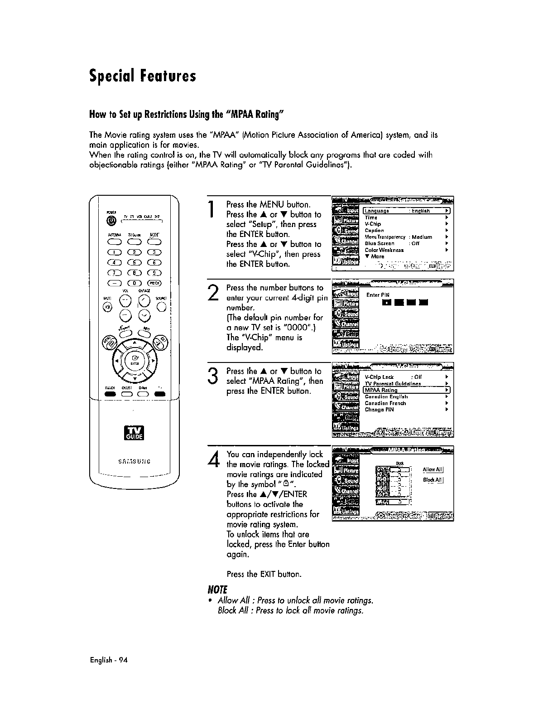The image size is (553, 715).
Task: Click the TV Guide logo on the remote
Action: click(x=135, y=433)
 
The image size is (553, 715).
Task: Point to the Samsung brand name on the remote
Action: click(x=135, y=462)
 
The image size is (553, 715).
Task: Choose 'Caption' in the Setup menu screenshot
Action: click(x=374, y=231)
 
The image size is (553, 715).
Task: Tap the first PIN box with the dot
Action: click(x=386, y=302)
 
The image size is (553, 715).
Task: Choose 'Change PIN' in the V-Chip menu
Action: click(x=379, y=410)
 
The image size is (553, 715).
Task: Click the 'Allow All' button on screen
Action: click(x=433, y=470)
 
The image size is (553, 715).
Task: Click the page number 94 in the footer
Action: click(x=124, y=660)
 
